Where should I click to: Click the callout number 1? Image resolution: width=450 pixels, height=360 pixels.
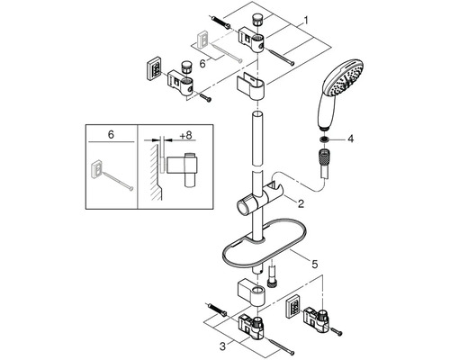(x=306, y=21)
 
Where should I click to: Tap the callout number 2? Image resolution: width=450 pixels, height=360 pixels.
(x=301, y=204)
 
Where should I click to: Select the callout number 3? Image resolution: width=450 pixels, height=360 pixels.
(x=222, y=346)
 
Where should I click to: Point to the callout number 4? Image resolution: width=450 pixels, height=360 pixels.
(x=350, y=139)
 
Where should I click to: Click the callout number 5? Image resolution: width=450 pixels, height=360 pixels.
(x=314, y=265)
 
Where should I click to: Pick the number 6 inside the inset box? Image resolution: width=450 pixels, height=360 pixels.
(x=111, y=135)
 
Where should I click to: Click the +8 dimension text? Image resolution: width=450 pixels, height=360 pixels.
(x=185, y=135)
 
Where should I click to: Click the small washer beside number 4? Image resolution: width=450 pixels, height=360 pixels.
(x=324, y=139)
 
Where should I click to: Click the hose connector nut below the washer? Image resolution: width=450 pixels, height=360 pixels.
(x=325, y=157)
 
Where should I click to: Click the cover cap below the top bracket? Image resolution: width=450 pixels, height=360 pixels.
(x=251, y=87)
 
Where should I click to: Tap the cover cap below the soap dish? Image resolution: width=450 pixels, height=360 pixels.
(x=251, y=293)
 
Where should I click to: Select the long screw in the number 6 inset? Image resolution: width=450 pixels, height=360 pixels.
(x=116, y=179)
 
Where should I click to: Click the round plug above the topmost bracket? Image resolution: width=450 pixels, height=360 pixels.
(x=258, y=20)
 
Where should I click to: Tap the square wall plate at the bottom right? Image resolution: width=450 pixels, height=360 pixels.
(x=293, y=306)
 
